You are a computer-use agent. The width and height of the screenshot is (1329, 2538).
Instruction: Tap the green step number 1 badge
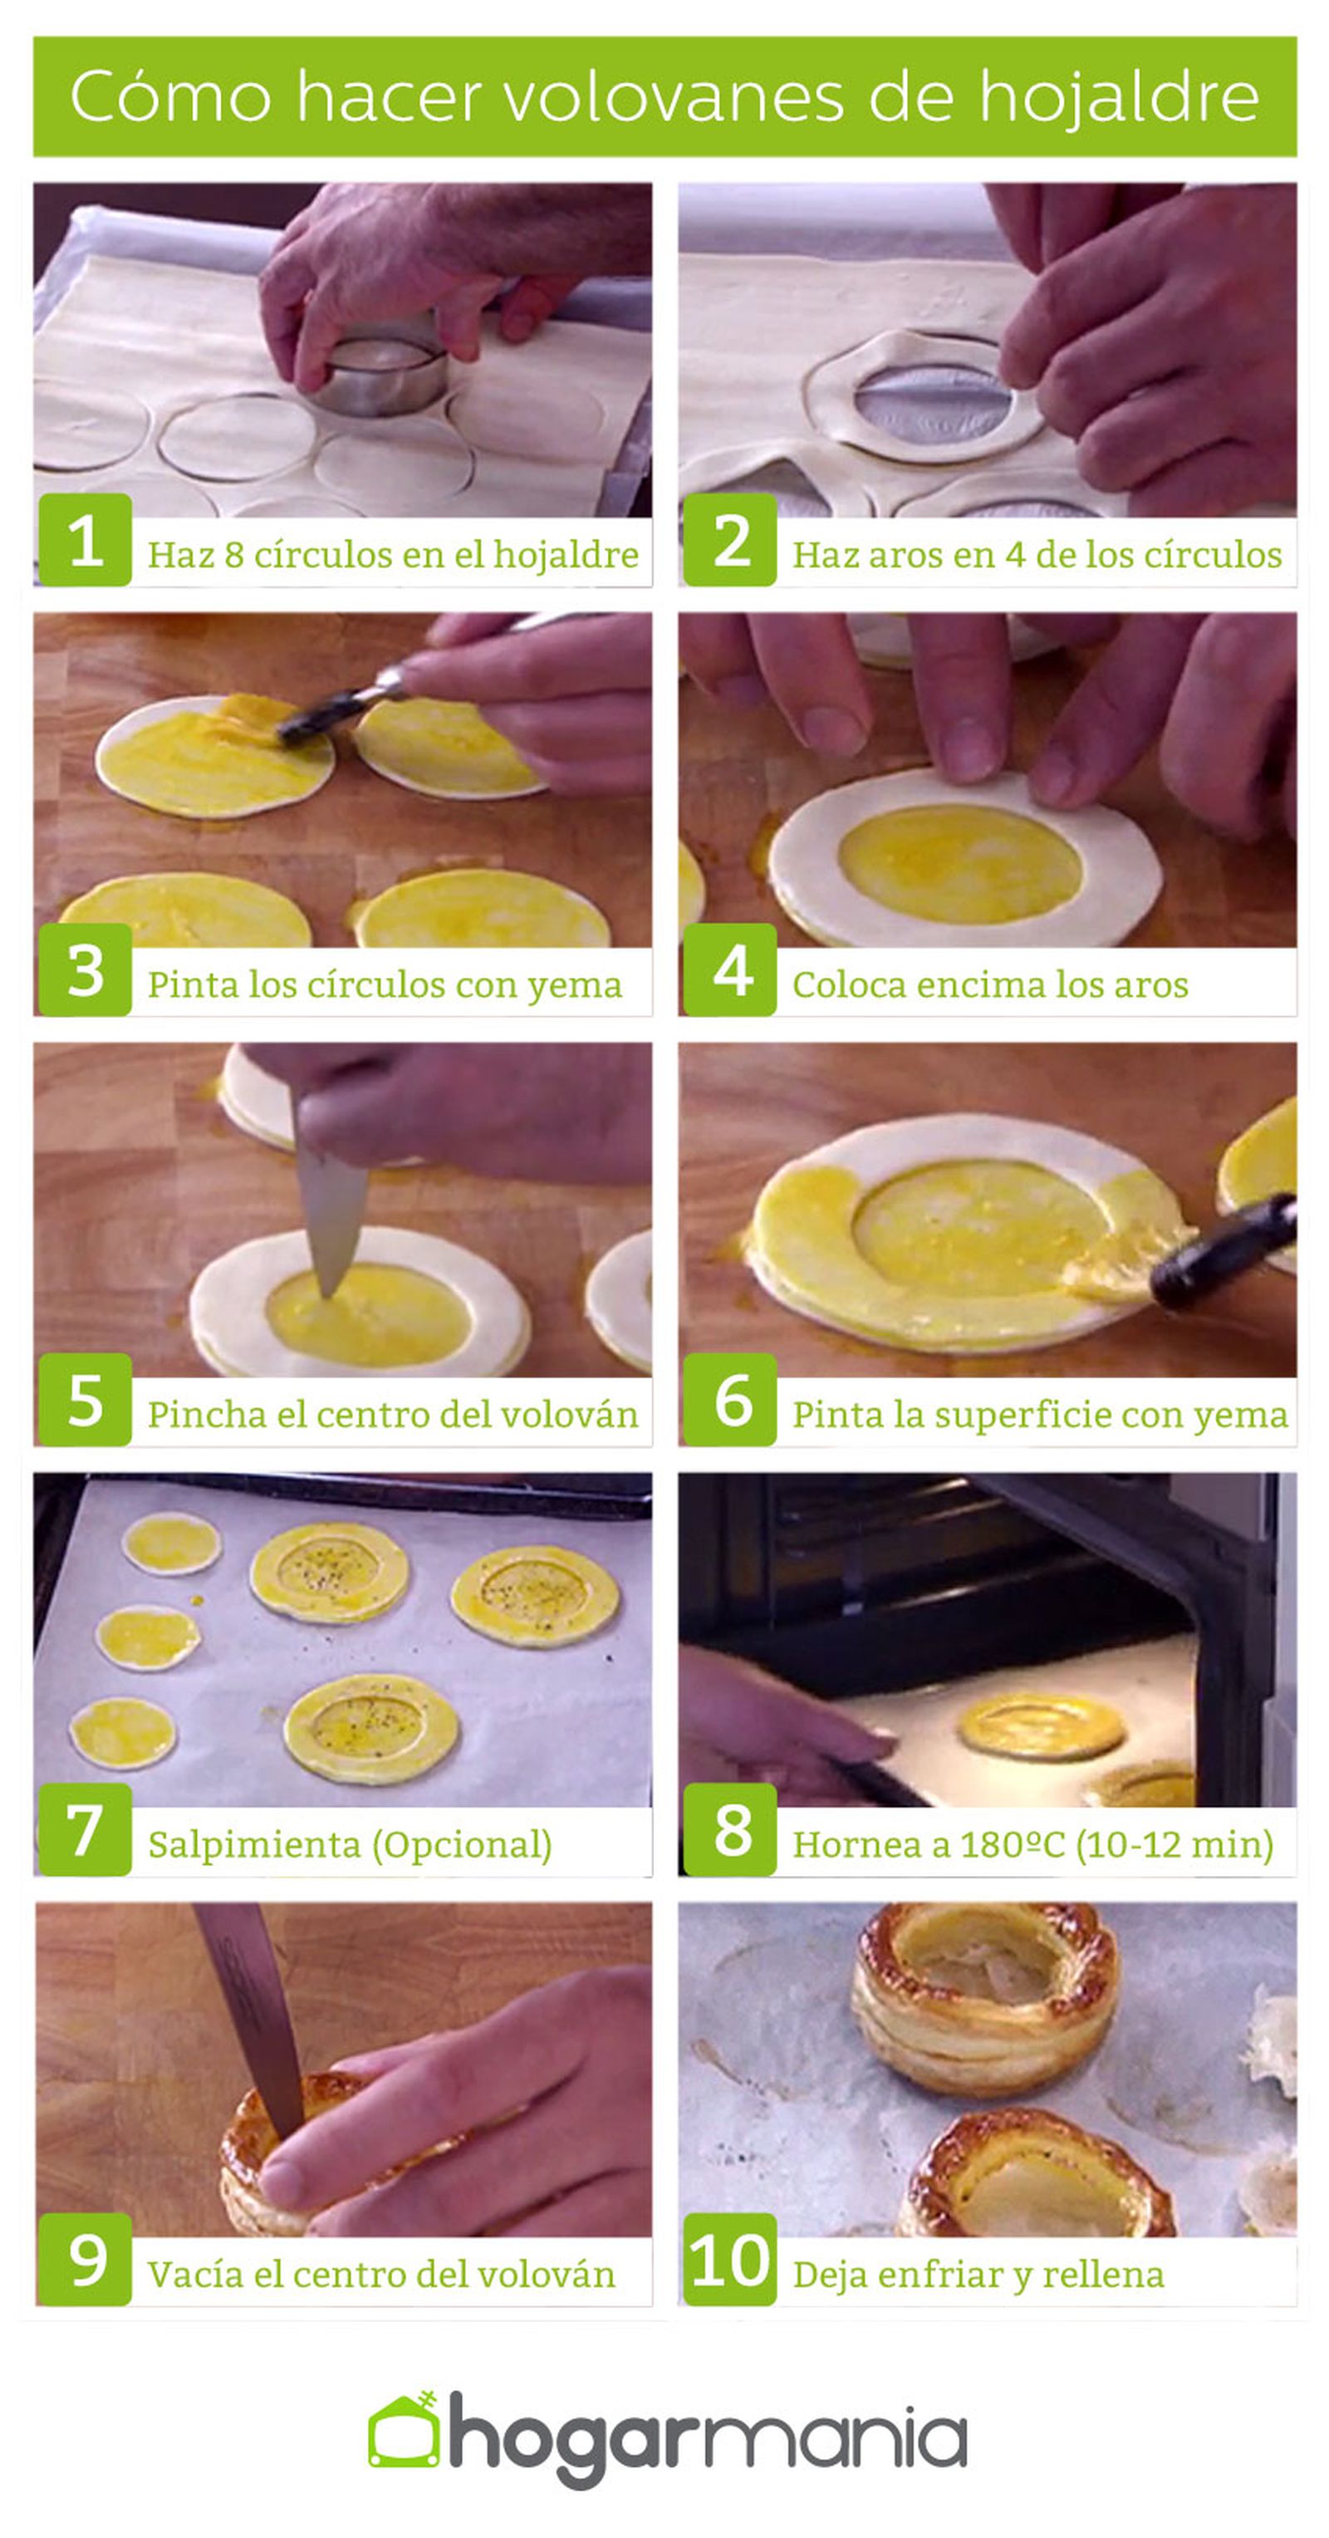(86, 539)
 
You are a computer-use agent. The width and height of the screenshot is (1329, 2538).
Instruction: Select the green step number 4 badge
(730, 970)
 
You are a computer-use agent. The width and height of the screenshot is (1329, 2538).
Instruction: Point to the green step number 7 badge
(86, 1829)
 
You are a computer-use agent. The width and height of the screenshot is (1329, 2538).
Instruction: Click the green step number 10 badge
(730, 2259)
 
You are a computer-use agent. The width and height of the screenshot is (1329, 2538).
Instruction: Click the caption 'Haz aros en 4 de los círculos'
(1037, 555)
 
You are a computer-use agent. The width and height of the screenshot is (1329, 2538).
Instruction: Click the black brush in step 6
(1224, 1251)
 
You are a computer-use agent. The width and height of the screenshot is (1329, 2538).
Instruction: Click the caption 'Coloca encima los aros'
(990, 984)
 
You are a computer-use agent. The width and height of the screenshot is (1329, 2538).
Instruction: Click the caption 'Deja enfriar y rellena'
(978, 2275)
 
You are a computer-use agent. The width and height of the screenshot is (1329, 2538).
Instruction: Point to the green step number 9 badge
(86, 2259)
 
